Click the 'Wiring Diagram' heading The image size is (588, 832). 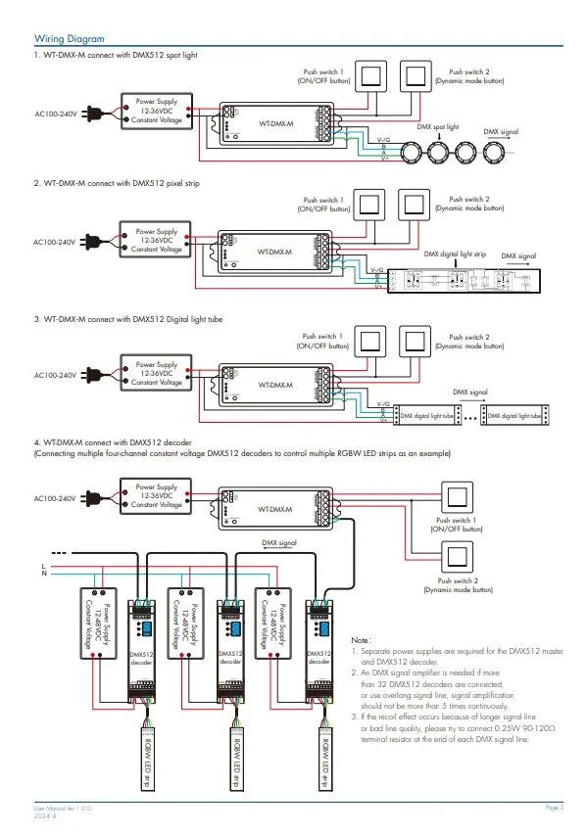pyautogui.click(x=69, y=38)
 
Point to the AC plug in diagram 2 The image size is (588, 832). pyautogui.click(x=92, y=241)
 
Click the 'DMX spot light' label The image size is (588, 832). pyautogui.click(x=438, y=127)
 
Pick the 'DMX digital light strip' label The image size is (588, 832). pyautogui.click(x=454, y=254)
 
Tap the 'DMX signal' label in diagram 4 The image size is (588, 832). pyautogui.click(x=279, y=541)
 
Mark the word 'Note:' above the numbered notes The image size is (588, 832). pyautogui.click(x=362, y=639)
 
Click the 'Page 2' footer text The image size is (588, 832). pyautogui.click(x=555, y=807)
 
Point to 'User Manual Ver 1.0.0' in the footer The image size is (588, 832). pyautogui.click(x=64, y=808)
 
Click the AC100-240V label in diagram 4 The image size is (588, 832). pyautogui.click(x=55, y=498)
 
